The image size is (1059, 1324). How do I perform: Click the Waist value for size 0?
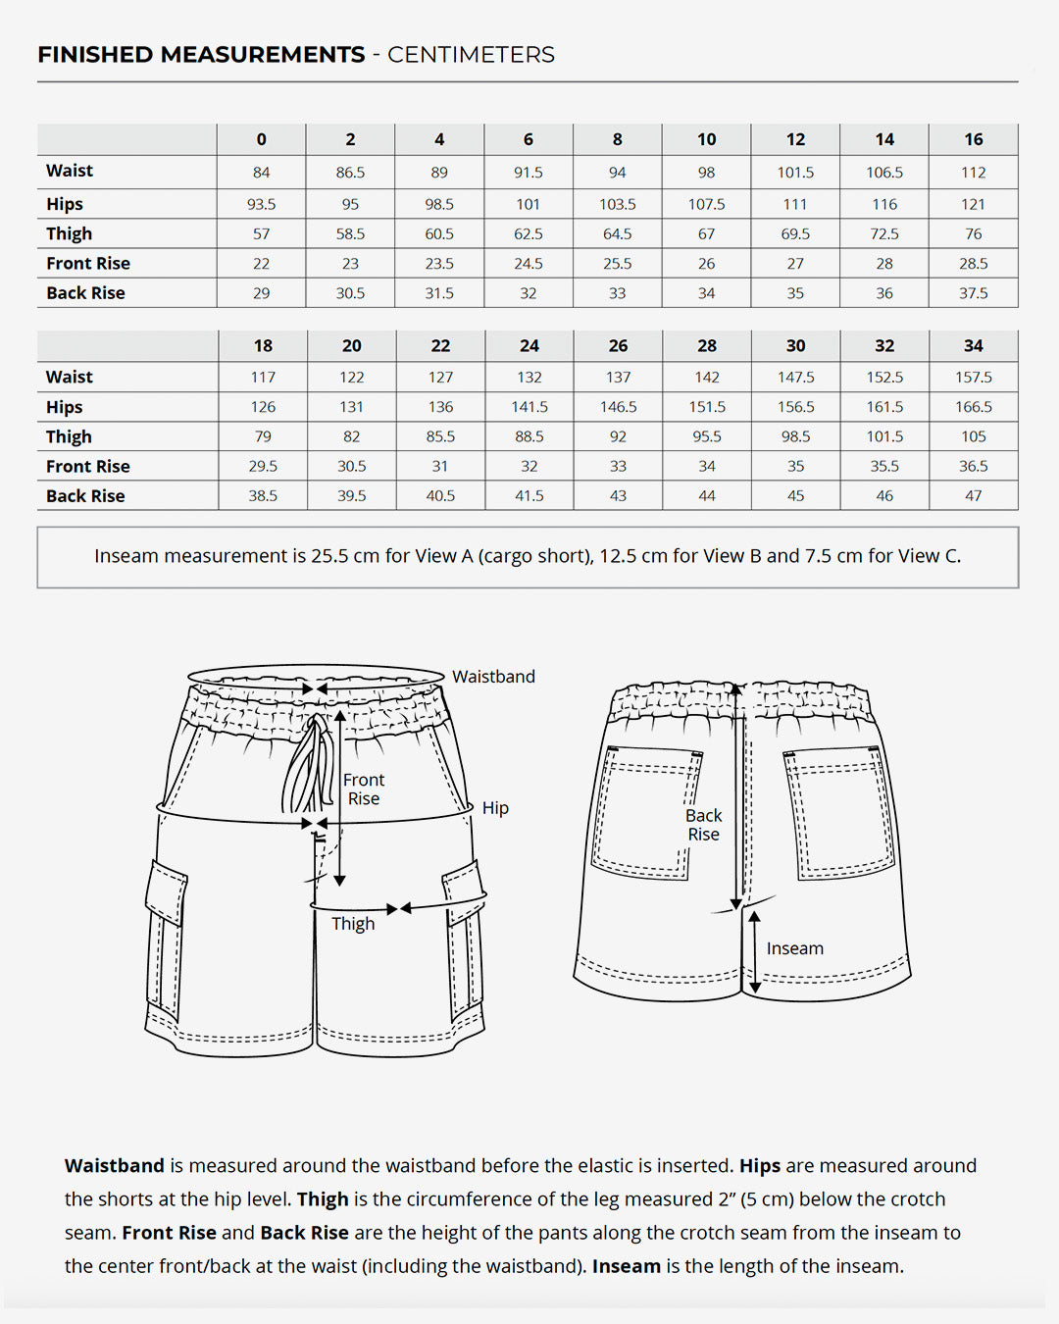tap(261, 173)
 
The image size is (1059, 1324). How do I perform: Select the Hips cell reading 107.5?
tap(706, 204)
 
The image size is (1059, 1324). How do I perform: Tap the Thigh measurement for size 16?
tap(973, 233)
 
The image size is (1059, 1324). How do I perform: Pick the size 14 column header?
tap(884, 139)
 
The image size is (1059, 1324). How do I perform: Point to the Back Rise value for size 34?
tap(973, 495)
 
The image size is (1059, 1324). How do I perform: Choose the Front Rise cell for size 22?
tap(440, 466)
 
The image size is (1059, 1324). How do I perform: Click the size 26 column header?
tap(618, 345)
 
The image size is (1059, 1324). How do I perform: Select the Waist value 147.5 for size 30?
tap(795, 377)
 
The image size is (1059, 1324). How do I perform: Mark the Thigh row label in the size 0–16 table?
tap(69, 233)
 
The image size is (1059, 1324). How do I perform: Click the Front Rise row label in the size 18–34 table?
tap(87, 466)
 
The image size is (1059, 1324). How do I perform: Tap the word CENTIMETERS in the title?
tap(471, 55)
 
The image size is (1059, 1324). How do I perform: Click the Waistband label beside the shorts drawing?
tap(493, 677)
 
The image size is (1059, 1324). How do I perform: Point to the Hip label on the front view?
tap(495, 808)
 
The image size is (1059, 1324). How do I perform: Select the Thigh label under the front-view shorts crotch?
tap(353, 924)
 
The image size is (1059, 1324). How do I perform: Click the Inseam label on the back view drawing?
tap(794, 948)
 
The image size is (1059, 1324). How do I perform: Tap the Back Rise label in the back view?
tap(703, 825)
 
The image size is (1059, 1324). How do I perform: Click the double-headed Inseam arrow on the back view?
tap(755, 951)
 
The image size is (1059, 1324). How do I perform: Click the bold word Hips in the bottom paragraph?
tap(760, 1166)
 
